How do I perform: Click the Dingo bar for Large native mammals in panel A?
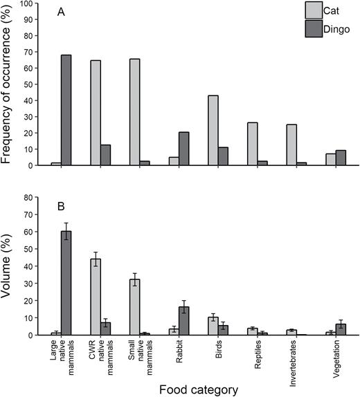click(x=66, y=110)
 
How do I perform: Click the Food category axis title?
click(x=199, y=389)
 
